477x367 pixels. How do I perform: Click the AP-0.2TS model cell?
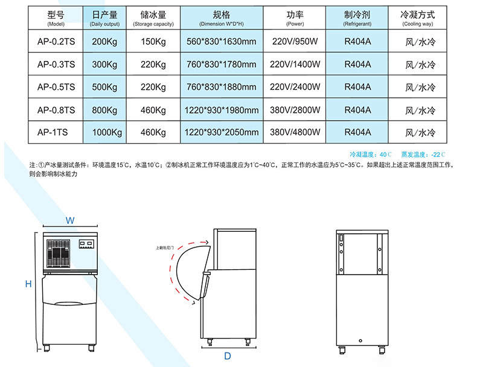coord(56,42)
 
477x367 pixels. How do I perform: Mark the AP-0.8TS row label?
coord(56,110)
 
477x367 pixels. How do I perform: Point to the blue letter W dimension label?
coord(70,221)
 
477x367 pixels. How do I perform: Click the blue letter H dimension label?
coord(28,284)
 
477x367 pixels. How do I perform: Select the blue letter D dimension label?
coord(227,356)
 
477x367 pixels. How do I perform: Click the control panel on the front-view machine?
coord(87,245)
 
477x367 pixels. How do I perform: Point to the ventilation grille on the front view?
coord(59,253)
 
